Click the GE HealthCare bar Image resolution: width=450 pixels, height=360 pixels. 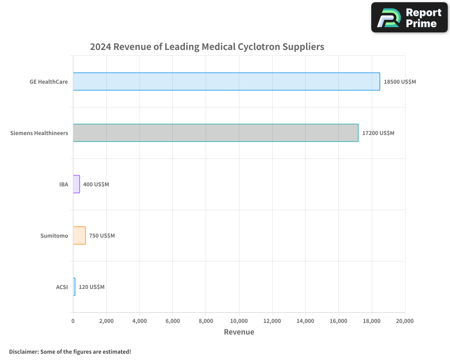point(226,81)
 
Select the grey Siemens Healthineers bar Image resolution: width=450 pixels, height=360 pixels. point(216,133)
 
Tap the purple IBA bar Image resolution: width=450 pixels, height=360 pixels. point(76,184)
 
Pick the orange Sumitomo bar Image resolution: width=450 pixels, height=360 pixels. point(79,235)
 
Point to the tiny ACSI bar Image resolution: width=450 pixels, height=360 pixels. point(74,287)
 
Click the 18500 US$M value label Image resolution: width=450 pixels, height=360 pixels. point(400,82)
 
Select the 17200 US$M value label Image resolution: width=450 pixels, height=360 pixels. point(378,133)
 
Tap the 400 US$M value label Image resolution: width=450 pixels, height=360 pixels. point(96,184)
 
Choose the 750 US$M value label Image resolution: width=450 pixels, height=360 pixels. point(102,236)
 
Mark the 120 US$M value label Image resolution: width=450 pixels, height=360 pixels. point(91,287)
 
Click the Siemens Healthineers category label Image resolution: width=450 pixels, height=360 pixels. point(39,133)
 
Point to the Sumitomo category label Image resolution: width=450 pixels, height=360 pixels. point(54,236)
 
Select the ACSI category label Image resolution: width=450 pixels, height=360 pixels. point(62,287)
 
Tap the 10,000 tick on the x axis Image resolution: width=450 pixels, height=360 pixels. point(239,321)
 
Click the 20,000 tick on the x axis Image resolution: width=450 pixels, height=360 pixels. point(405,321)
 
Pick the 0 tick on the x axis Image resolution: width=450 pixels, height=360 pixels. point(73,321)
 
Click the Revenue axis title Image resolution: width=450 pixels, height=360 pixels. point(239,332)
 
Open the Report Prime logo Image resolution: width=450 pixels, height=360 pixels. point(409,18)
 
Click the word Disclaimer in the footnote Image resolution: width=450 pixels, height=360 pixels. point(23,351)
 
